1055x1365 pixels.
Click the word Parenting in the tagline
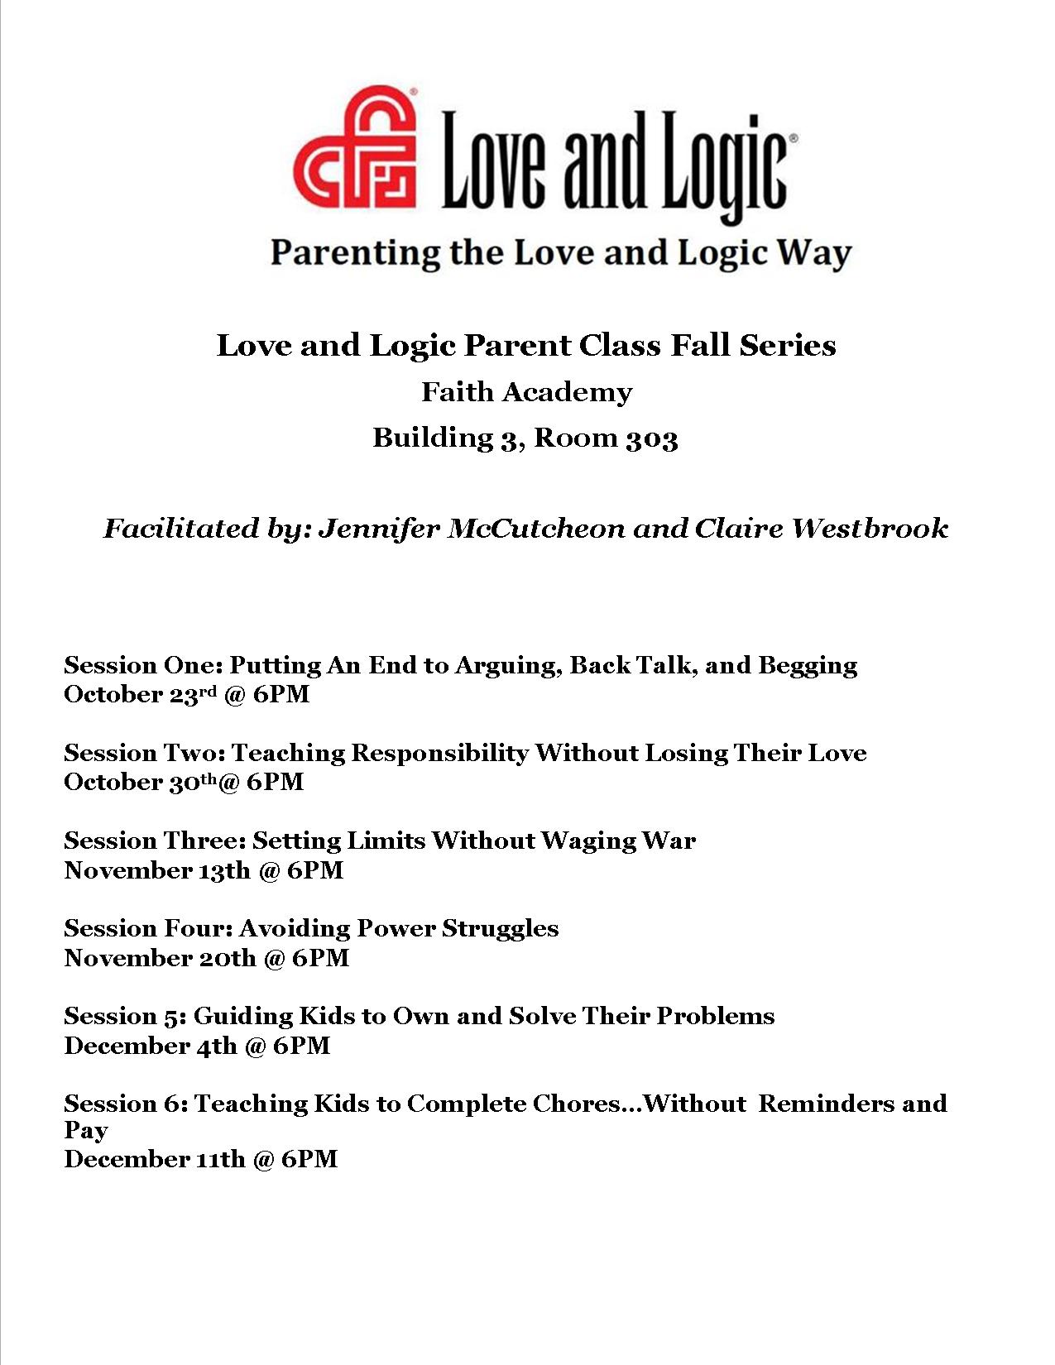coord(355,253)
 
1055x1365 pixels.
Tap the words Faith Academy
coord(526,392)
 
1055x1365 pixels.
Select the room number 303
coord(651,438)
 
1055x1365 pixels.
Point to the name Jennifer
coord(377,529)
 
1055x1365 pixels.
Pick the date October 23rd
coord(144,694)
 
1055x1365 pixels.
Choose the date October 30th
coord(141,782)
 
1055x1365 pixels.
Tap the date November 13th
coord(156,870)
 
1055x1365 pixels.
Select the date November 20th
coord(160,958)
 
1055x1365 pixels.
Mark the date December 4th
coord(151,1046)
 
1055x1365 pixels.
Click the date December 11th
coord(154,1159)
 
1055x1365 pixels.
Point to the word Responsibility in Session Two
coord(439,754)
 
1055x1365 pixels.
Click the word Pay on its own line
coord(85,1131)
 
